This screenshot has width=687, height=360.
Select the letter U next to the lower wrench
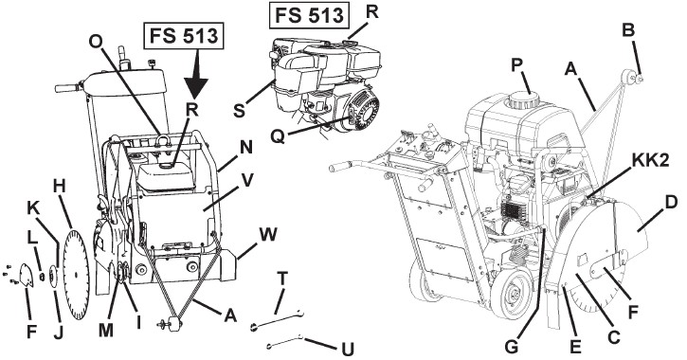(x=347, y=347)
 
